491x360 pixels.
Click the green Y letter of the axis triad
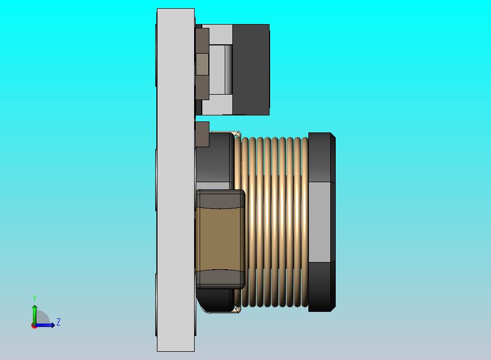click(34, 298)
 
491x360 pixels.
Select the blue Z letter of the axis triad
click(59, 322)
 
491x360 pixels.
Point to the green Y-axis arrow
click(34, 313)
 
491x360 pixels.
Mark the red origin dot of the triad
click(34, 326)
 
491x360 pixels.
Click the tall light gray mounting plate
click(176, 181)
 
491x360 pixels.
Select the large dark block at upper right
click(251, 69)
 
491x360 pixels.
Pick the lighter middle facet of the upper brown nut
click(202, 64)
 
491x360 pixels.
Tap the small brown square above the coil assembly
click(202, 135)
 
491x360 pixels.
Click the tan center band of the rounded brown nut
click(220, 239)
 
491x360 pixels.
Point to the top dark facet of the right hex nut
click(321, 157)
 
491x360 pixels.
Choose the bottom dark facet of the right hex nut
click(321, 286)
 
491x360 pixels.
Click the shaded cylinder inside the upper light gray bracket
click(229, 69)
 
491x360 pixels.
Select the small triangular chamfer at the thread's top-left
click(237, 135)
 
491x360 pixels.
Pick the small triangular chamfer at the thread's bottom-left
click(237, 310)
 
